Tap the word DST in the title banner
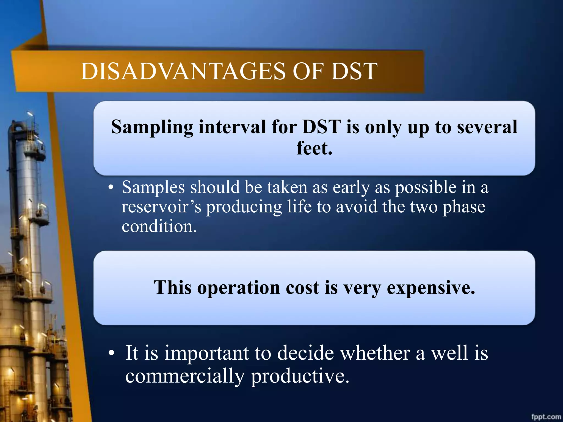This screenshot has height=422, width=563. pyautogui.click(x=354, y=71)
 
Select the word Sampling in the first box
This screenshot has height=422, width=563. pyautogui.click(x=152, y=127)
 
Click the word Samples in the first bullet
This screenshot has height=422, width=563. pyautogui.click(x=153, y=188)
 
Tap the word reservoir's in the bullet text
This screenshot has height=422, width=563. pyautogui.click(x=161, y=207)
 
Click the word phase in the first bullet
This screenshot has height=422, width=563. pyautogui.click(x=463, y=207)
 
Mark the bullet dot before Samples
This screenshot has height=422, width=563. pyautogui.click(x=111, y=188)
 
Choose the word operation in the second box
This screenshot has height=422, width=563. pyautogui.click(x=239, y=288)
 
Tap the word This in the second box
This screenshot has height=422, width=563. pyautogui.click(x=172, y=288)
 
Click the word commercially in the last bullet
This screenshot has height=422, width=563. pyautogui.click(x=185, y=376)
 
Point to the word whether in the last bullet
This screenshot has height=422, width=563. pyautogui.click(x=375, y=353)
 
